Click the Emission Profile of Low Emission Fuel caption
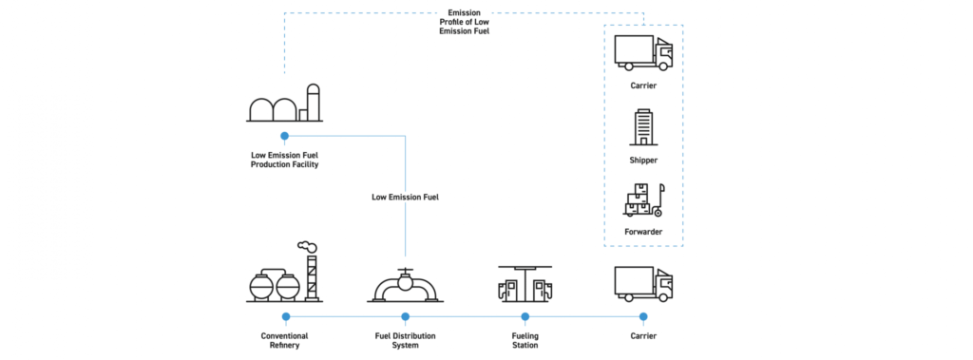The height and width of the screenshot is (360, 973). coord(464,22)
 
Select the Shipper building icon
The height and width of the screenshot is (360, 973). coord(643,126)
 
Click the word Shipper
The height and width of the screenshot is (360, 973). coord(643,160)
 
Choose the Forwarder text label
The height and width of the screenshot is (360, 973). coord(643,232)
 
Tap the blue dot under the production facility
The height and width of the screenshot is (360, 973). coord(284,137)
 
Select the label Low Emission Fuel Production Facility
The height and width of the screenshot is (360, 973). coord(284,159)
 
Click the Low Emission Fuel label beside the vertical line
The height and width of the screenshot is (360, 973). coord(405,198)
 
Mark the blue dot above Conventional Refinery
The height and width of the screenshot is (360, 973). coord(284,316)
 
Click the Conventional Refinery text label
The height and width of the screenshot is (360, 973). coord(284,340)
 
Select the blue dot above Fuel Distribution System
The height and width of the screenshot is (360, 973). coord(405,316)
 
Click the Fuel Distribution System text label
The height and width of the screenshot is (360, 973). coord(405,340)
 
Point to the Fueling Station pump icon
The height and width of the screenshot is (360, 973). coord(525,282)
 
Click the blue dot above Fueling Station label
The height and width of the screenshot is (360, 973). coord(525,316)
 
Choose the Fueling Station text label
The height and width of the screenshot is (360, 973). coord(525,340)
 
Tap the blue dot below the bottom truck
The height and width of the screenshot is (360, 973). coord(643,316)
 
